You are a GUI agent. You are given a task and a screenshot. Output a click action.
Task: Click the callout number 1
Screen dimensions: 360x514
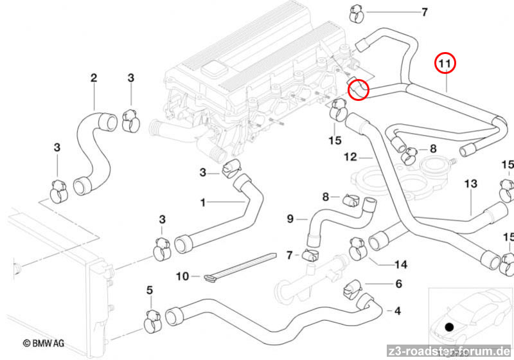click(x=203, y=203)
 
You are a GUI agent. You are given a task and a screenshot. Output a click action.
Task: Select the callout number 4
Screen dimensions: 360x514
click(x=398, y=312)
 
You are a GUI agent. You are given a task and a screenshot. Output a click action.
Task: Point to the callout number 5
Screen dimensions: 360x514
click(x=150, y=291)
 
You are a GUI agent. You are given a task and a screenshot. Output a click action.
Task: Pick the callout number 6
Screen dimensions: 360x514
click(x=398, y=283)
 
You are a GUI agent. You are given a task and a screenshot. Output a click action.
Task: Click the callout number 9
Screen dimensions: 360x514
click(x=290, y=219)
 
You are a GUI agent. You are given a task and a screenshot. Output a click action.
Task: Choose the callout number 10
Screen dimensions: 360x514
click(x=182, y=276)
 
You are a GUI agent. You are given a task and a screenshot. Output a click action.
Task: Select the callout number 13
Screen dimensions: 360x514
click(x=471, y=184)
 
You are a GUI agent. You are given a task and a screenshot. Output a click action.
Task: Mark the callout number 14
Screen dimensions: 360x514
click(x=402, y=264)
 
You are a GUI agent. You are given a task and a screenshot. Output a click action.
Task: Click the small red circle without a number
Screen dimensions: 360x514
click(x=359, y=89)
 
